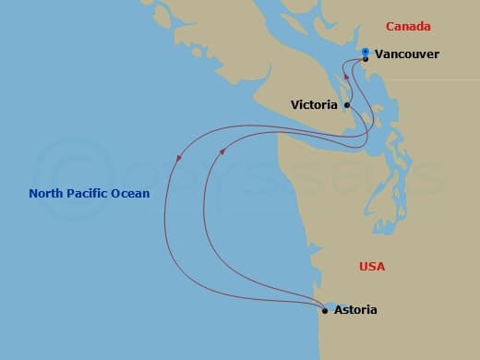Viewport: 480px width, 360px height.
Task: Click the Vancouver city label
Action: pyautogui.click(x=407, y=54)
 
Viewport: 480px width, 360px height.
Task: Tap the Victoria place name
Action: pyautogui.click(x=314, y=104)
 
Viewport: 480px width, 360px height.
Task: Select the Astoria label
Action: pyautogui.click(x=356, y=310)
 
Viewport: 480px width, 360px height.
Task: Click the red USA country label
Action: pyautogui.click(x=372, y=267)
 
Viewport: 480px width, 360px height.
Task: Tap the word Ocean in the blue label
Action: pyautogui.click(x=131, y=193)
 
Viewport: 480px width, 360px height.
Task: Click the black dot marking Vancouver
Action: pyautogui.click(x=366, y=59)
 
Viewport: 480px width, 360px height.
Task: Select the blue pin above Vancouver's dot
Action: pyautogui.click(x=366, y=52)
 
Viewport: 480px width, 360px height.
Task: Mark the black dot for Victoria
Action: pyautogui.click(x=347, y=105)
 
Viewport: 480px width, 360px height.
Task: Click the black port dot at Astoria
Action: pyautogui.click(x=325, y=311)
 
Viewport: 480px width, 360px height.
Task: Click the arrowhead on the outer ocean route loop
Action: pyautogui.click(x=177, y=158)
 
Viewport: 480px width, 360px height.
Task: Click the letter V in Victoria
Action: pyautogui.click(x=294, y=104)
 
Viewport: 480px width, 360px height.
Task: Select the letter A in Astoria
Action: pyautogui.click(x=339, y=310)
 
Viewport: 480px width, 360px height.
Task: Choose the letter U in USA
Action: pyautogui.click(x=363, y=267)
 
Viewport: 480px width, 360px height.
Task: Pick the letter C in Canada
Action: pyautogui.click(x=390, y=27)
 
